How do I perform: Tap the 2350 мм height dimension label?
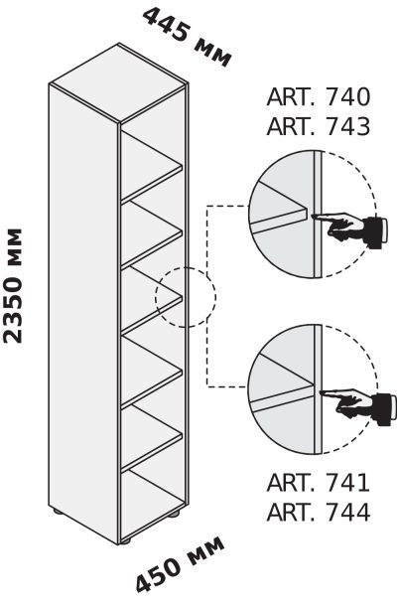click(x=13, y=286)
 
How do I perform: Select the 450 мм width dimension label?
click(x=180, y=564)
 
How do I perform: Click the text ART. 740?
click(x=319, y=96)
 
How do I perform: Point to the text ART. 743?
click(x=319, y=126)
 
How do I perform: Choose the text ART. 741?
click(x=319, y=483)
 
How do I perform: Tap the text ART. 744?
click(x=319, y=512)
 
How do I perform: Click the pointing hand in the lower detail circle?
click(x=357, y=405)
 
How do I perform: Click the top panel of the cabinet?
click(x=119, y=82)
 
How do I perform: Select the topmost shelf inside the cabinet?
click(x=152, y=167)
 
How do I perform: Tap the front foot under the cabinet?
click(x=125, y=540)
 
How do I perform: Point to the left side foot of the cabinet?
click(x=58, y=511)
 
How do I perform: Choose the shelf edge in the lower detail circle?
click(x=282, y=398)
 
